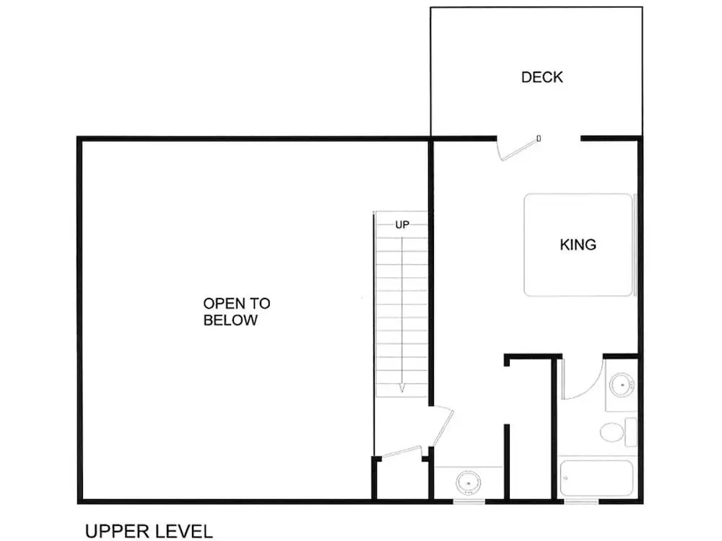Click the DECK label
(x=542, y=77)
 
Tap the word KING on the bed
(x=578, y=245)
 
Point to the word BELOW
(x=230, y=320)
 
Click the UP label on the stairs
(x=402, y=225)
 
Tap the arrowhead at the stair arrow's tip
(x=402, y=388)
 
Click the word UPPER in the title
(x=117, y=532)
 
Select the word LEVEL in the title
(x=183, y=532)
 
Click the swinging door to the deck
(x=519, y=148)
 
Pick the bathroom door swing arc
(x=592, y=387)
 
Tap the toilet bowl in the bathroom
(x=612, y=432)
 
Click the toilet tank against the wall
(x=631, y=432)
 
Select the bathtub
(x=597, y=478)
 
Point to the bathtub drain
(x=566, y=478)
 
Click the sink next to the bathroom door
(x=622, y=384)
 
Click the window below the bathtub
(x=581, y=501)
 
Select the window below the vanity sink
(x=469, y=501)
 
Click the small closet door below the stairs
(x=401, y=452)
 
